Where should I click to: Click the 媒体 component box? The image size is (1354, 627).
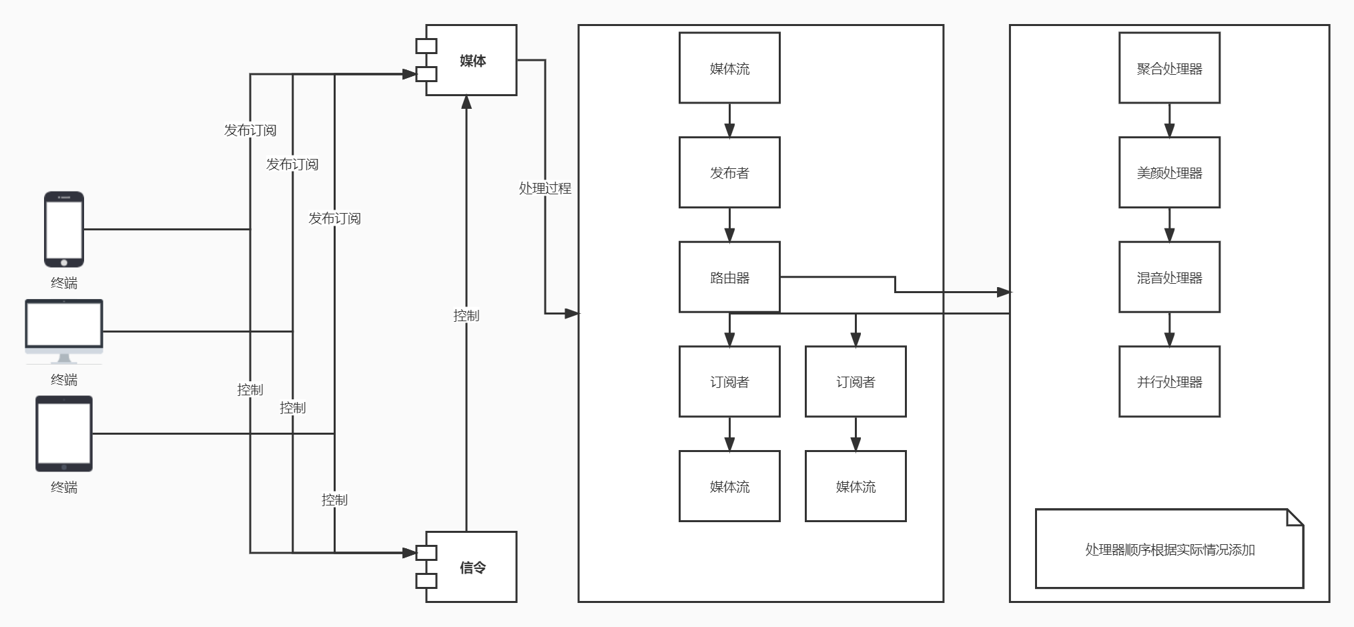click(471, 60)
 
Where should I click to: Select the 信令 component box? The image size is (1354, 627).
click(471, 567)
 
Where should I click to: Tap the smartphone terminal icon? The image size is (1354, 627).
click(64, 229)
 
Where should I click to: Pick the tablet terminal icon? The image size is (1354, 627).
click(64, 433)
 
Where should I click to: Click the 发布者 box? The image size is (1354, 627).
click(729, 172)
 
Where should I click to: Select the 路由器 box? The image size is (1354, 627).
click(729, 277)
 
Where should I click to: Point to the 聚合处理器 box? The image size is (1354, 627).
click(1169, 68)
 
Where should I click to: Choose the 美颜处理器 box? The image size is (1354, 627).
click(1169, 172)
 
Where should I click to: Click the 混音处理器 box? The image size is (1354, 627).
click(1169, 277)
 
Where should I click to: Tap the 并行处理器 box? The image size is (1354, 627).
click(1169, 381)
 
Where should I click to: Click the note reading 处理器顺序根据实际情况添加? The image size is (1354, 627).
click(1169, 549)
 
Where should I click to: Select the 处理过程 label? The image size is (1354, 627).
click(545, 188)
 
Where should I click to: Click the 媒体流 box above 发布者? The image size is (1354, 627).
click(729, 68)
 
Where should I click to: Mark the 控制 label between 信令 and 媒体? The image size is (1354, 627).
click(466, 316)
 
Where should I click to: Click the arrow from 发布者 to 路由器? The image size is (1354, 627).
click(729, 224)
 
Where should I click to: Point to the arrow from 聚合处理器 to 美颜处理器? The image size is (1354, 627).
click(1169, 120)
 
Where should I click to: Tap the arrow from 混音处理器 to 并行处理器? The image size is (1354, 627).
click(1169, 329)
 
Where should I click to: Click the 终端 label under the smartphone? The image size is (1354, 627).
click(64, 283)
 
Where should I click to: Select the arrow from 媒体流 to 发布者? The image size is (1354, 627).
click(729, 120)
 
